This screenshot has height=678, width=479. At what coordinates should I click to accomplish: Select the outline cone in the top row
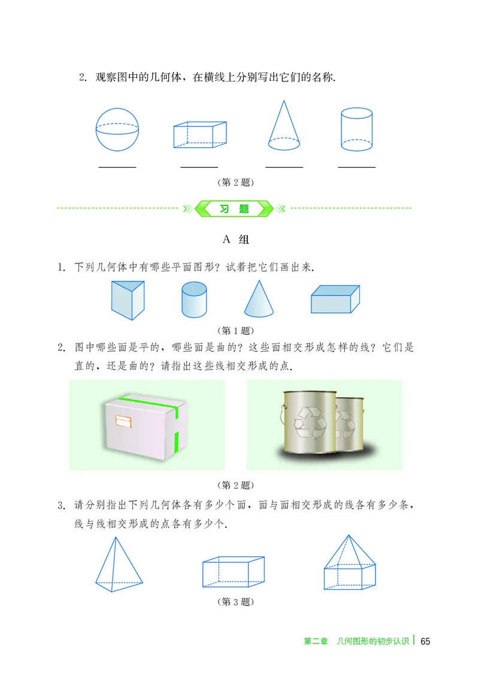point(283,126)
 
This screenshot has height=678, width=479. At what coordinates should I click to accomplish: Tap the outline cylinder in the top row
point(357,129)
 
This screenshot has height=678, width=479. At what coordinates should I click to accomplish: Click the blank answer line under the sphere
point(117,167)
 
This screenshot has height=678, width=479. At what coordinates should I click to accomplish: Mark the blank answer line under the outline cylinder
point(357,167)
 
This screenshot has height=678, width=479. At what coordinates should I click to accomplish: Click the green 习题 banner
point(235,209)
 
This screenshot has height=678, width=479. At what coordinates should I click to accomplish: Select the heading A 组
point(235,240)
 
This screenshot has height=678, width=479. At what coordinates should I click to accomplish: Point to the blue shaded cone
point(259,299)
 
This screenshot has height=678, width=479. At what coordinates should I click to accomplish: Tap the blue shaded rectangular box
point(335,299)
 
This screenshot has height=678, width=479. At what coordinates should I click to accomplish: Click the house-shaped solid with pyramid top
point(349,563)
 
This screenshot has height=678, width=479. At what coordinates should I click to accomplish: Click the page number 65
point(425,641)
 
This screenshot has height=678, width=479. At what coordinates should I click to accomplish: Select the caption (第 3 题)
point(234,601)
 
